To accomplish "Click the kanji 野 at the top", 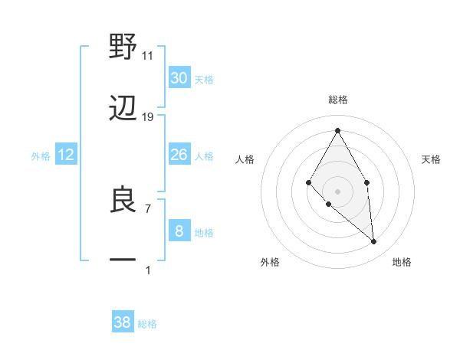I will (x=123, y=47).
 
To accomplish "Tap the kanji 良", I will (x=123, y=201).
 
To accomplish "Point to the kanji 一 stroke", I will (x=123, y=260).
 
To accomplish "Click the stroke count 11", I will (x=148, y=55).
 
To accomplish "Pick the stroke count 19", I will (x=148, y=116).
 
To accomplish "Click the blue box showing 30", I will (x=179, y=78).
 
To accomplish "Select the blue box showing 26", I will (x=179, y=155).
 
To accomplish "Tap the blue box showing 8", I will (x=179, y=231).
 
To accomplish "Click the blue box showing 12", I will (x=66, y=155).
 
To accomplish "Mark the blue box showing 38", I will (x=123, y=322).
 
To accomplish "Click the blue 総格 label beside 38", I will (x=147, y=324).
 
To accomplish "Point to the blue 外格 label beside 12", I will (x=41, y=155).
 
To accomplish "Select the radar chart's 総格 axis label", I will (x=338, y=100).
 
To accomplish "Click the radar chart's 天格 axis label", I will (x=432, y=159).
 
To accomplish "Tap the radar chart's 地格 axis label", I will (x=402, y=262).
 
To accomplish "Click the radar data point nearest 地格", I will (x=374, y=241).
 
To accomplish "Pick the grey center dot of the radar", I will (x=338, y=191).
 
